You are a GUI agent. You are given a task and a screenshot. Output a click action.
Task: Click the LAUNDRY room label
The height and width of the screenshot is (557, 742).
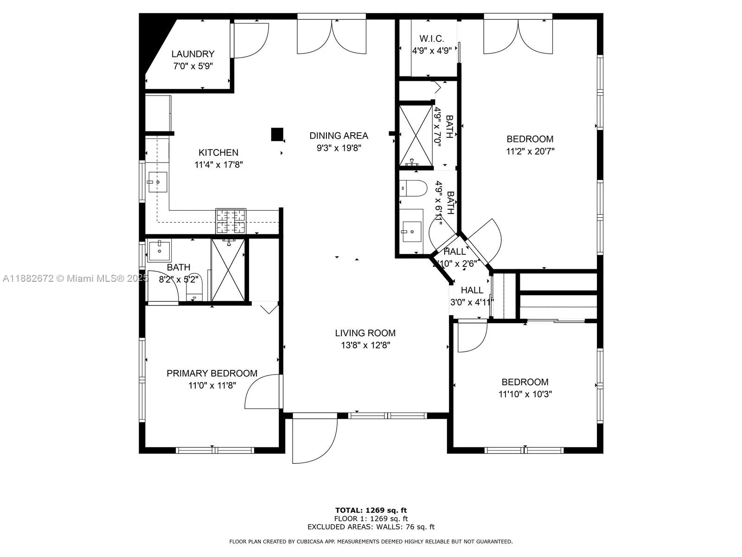pos(192,54)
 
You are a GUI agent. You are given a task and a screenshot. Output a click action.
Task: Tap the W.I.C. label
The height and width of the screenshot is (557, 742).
pos(432,39)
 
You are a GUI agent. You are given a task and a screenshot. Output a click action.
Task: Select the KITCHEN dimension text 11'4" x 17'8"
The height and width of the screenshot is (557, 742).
pos(219,165)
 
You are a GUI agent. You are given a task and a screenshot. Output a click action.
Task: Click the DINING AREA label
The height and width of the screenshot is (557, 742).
pos(339,136)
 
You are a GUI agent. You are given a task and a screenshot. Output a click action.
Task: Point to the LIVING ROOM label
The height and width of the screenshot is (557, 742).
pos(365,333)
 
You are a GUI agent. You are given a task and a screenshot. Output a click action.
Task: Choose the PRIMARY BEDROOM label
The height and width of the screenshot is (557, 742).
pos(212,373)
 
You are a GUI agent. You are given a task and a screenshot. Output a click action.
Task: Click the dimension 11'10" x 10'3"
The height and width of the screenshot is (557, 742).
pos(525,394)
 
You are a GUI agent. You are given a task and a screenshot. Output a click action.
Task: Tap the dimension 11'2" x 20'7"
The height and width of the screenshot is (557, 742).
pos(530,151)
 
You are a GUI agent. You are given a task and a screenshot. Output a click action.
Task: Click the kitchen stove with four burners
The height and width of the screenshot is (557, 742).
pos(231,221)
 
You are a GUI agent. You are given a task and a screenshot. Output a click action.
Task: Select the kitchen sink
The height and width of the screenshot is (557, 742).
pos(158,182)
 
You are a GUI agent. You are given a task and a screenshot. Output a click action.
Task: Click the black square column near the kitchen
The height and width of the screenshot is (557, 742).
pos(277,134)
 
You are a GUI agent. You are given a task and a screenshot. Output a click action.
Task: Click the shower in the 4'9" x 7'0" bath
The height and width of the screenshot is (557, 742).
pos(416,136)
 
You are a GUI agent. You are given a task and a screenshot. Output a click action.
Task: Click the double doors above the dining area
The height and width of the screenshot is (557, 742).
pos(332,36)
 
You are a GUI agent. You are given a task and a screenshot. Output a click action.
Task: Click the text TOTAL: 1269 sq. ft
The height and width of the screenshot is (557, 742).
pos(371,510)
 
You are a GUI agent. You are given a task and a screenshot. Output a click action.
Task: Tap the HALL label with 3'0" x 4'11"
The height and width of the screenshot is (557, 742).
pos(472,290)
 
